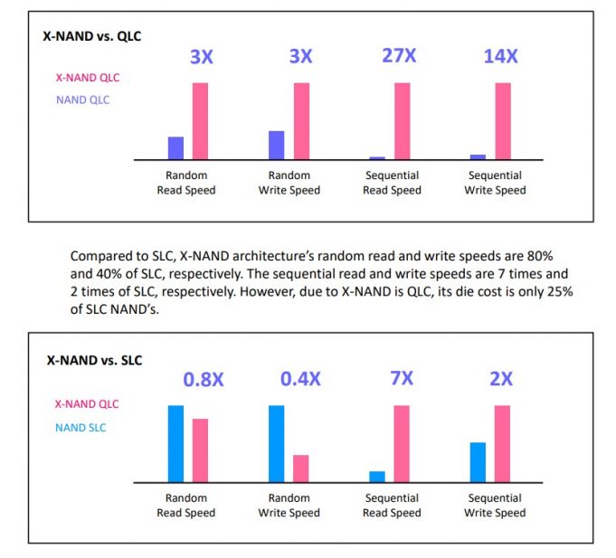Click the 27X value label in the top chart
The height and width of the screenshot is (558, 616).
[399, 55]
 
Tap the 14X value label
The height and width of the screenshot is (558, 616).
[500, 55]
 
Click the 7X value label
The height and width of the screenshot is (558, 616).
[402, 378]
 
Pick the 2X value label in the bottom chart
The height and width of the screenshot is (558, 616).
[501, 378]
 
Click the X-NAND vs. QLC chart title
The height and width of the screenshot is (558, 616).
[92, 36]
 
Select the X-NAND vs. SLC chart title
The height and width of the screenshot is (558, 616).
[92, 359]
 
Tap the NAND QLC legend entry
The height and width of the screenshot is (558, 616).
[82, 99]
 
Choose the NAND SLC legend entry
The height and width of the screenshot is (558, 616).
[81, 427]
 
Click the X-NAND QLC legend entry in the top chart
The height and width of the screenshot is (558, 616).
[87, 78]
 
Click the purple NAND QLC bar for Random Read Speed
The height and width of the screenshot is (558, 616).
[175, 148]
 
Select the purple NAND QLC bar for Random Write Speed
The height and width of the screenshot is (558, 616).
[277, 145]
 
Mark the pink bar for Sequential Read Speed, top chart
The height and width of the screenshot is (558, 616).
[402, 121]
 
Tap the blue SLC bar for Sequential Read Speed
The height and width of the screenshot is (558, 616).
[377, 477]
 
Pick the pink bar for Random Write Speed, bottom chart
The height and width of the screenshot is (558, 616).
[301, 468]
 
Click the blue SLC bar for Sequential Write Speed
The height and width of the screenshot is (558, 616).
[478, 462]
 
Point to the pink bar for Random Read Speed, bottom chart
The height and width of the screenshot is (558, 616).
[200, 450]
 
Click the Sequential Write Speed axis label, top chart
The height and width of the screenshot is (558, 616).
[495, 183]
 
